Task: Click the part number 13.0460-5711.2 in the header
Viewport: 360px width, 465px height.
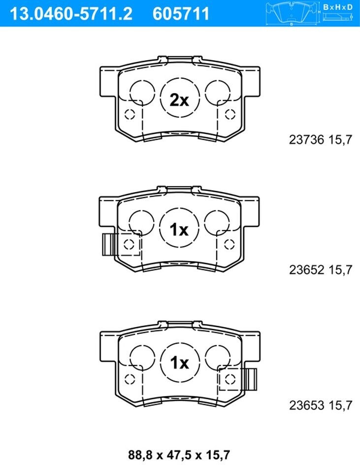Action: (71, 14)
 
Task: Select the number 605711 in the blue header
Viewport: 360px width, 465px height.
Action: (181, 14)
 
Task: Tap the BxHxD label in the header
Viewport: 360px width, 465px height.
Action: (338, 7)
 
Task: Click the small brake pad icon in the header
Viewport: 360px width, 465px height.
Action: (293, 13)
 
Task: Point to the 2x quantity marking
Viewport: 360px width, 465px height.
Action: (179, 100)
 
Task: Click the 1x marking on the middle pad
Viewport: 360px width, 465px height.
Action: (179, 230)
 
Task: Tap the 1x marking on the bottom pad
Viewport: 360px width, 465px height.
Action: (180, 363)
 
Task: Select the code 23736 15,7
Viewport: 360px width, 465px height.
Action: (320, 140)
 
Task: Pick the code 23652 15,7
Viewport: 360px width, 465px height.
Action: (320, 270)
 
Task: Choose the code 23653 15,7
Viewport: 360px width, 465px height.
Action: (320, 405)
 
